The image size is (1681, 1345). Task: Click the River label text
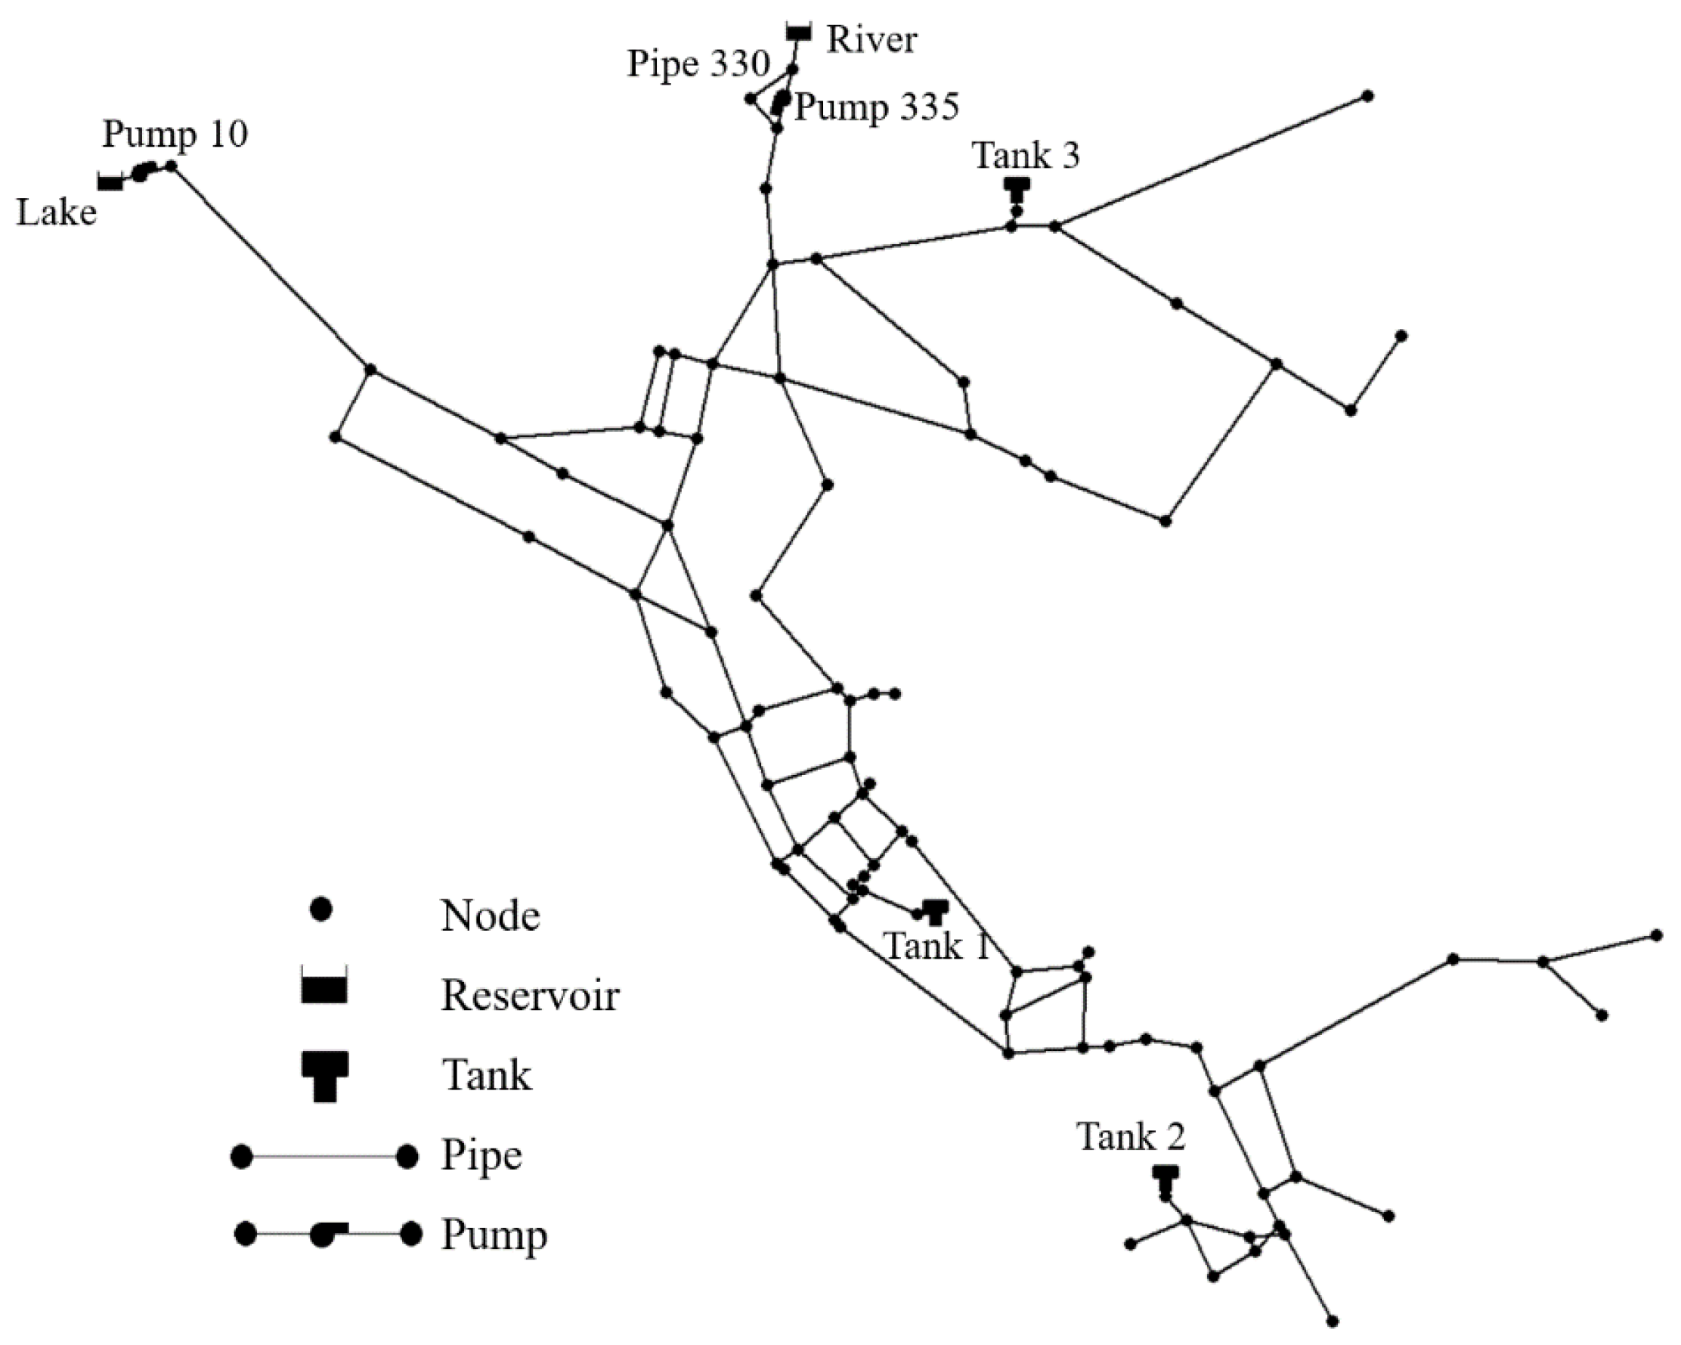871,40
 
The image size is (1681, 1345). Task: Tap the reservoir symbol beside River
798,32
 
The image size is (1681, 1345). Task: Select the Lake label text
56,212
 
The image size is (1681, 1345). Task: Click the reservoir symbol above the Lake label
110,181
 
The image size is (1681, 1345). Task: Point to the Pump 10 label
175,134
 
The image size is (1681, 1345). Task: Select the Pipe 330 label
698,64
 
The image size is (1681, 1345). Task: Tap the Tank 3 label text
1025,155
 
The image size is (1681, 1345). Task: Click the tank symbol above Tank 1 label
935,910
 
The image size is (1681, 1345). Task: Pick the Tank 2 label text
1131,1137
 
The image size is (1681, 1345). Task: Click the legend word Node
491,916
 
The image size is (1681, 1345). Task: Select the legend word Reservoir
530,996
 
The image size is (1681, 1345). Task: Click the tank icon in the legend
324,1076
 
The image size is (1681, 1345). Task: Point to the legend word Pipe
481,1155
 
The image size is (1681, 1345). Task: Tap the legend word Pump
494,1235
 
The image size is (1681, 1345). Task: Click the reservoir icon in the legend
324,987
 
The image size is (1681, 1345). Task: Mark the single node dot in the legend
321,910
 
